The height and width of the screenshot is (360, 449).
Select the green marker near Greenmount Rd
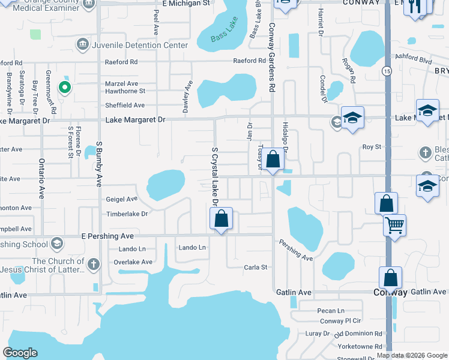click(x=64, y=88)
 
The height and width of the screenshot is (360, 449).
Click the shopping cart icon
click(x=394, y=225)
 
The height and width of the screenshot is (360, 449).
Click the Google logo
click(x=20, y=353)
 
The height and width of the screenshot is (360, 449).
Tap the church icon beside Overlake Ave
click(x=93, y=263)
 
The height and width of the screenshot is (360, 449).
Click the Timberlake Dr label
click(x=127, y=214)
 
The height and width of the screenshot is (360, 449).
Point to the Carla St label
click(x=255, y=267)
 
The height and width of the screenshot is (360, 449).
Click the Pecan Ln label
click(x=332, y=311)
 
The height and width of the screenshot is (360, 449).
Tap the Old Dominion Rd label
click(x=358, y=334)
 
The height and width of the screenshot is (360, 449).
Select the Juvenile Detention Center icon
click(x=82, y=44)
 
